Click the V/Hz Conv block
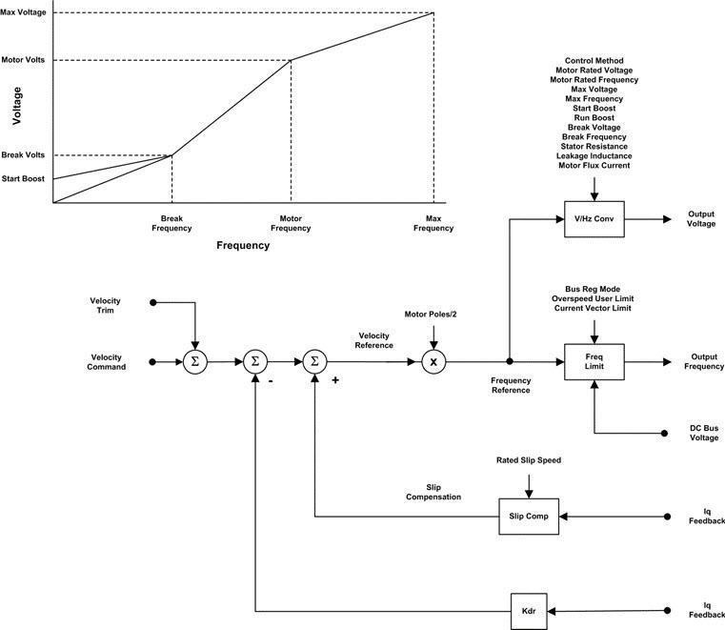[593, 218]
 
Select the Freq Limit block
[593, 362]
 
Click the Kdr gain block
[525, 609]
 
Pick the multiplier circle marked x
[433, 362]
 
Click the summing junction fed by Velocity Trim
[194, 362]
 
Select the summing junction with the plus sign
[314, 362]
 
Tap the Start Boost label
[23, 178]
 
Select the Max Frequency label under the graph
[433, 222]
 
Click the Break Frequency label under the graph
[171, 222]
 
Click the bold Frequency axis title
[243, 246]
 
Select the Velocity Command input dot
[151, 362]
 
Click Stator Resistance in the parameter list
[594, 146]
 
